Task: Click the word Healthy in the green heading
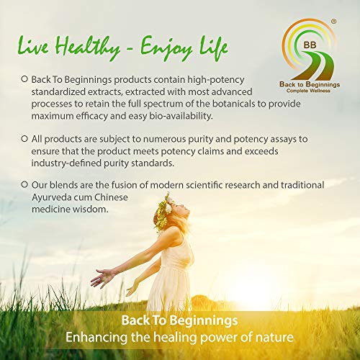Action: click(x=88, y=48)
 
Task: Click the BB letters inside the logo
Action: click(x=310, y=45)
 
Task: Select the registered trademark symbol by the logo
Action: click(x=333, y=22)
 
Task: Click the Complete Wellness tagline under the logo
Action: click(x=308, y=91)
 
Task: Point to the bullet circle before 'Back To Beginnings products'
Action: click(x=24, y=79)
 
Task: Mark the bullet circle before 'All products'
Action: click(x=24, y=138)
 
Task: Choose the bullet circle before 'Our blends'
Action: click(x=24, y=184)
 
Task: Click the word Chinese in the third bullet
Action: click(x=111, y=197)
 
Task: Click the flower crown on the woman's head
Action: click(x=163, y=212)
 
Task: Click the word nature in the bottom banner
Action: click(x=274, y=337)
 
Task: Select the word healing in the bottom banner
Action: click(x=175, y=338)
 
